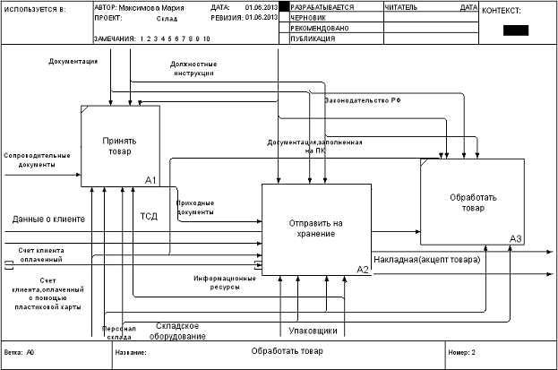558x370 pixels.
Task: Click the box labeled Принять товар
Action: point(119,145)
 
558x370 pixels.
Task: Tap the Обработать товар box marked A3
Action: point(468,202)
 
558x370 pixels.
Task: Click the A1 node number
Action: point(150,180)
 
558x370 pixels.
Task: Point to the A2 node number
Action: point(363,269)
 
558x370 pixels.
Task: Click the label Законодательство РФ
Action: point(362,101)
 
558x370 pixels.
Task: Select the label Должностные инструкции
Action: point(194,69)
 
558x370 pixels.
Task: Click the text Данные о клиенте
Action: point(48,219)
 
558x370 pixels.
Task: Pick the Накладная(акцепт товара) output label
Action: point(426,259)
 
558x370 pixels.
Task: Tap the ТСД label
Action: point(149,216)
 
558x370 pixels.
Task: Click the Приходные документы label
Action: point(194,209)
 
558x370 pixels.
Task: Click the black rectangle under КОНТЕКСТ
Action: point(516,30)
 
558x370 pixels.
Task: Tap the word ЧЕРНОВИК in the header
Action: point(310,17)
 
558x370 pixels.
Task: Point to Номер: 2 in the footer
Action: point(461,352)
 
